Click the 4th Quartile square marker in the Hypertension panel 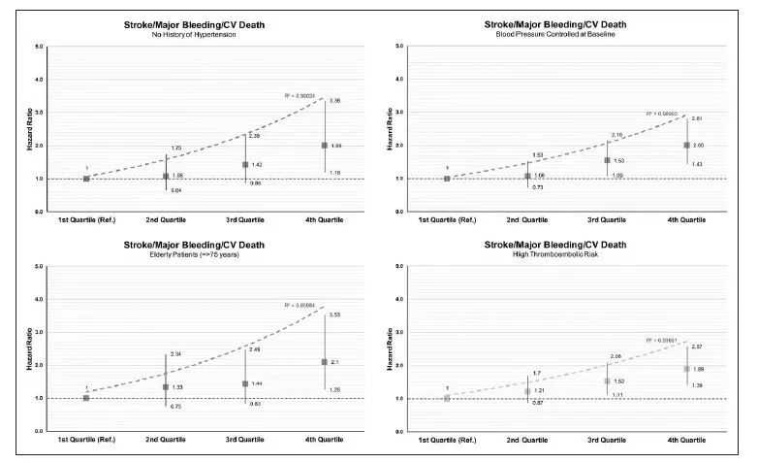coord(324,146)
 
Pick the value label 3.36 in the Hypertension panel coord(335,101)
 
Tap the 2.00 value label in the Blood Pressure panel coord(699,146)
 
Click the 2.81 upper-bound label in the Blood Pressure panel coord(696,118)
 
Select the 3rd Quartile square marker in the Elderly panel coord(245,384)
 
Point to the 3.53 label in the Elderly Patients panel coord(335,315)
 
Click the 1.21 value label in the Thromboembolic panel coord(538,391)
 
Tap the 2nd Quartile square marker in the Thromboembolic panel coord(527,391)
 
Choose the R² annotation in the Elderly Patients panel coord(299,306)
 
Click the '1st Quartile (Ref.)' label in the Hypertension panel coord(86,220)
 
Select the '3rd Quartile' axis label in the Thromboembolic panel coord(607,441)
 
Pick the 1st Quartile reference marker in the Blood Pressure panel coord(447,179)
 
